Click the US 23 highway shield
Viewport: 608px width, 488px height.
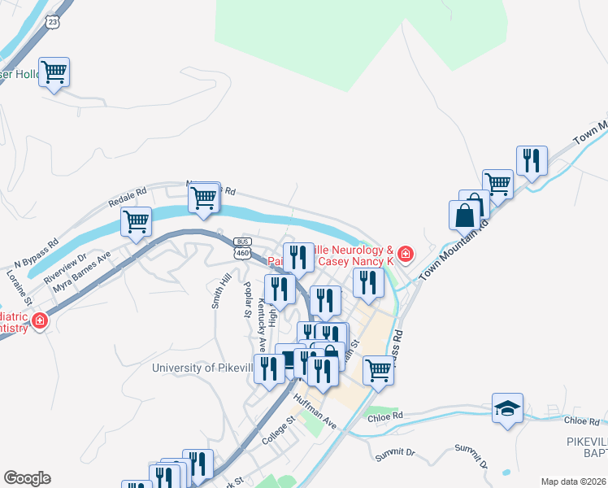pyautogui.click(x=53, y=20)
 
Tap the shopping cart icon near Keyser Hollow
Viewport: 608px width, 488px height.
pyautogui.click(x=54, y=72)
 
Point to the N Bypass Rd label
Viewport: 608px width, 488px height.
pyautogui.click(x=37, y=255)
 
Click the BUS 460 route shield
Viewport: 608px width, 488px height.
pyautogui.click(x=242, y=249)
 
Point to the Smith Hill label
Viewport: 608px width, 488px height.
pyautogui.click(x=221, y=290)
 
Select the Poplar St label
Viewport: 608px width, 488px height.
pyautogui.click(x=247, y=300)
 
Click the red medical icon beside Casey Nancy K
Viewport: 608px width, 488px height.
pyautogui.click(x=405, y=255)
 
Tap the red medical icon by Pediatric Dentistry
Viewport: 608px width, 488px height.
pyautogui.click(x=38, y=323)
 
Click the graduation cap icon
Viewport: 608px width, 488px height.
pyautogui.click(x=507, y=408)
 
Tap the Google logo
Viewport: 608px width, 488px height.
pyautogui.click(x=27, y=478)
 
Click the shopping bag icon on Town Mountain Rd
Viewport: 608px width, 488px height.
pyautogui.click(x=464, y=216)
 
